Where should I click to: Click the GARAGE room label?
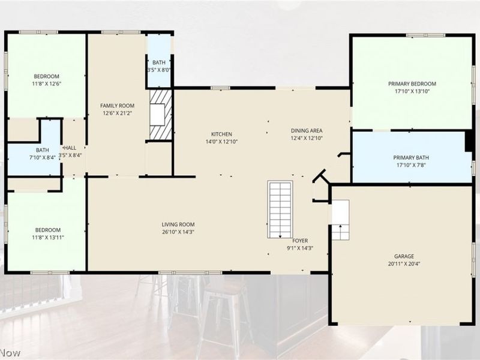pos(404,256)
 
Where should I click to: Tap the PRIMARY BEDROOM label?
pos(412,83)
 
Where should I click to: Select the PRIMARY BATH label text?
pos(411,158)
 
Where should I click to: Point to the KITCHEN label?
pos(221,134)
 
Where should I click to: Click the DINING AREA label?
pos(307,131)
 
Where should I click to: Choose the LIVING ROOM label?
pos(178,224)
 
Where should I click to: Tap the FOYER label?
pos(300,241)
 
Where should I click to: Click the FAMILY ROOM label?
pos(117,106)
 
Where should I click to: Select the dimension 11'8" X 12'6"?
pos(47,83)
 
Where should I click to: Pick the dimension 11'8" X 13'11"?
pos(48,237)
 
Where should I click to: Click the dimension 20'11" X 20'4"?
pos(404,263)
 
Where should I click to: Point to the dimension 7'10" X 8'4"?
pos(43,157)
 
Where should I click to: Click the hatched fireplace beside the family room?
pos(161,115)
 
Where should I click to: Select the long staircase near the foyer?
pos(280,209)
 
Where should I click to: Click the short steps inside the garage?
pos(340,220)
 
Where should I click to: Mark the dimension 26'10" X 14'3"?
pos(178,232)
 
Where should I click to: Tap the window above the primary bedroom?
pos(425,35)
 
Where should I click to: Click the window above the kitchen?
pos(220,88)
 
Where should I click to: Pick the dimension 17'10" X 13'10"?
pos(412,91)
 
